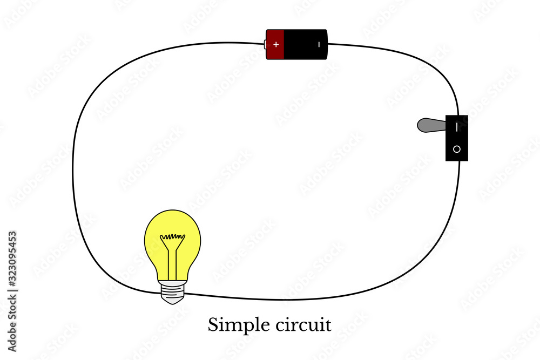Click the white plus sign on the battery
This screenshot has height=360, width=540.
[276, 44]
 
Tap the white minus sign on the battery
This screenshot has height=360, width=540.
[320, 44]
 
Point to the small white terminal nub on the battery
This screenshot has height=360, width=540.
[265, 44]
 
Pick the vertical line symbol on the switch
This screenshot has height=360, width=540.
[457, 127]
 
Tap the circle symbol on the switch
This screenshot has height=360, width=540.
[457, 149]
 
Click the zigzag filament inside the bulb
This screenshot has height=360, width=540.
[172, 236]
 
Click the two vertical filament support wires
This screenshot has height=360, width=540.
[173, 262]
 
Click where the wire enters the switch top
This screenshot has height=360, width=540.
[458, 115]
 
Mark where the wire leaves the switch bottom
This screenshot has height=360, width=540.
[460, 161]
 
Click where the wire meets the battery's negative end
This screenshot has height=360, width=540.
[327, 44]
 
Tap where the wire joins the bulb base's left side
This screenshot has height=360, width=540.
[160, 293]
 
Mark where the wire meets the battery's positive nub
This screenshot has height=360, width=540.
[264, 44]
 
